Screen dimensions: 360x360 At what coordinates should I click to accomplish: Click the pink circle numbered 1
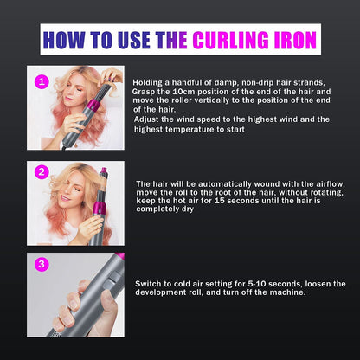[x=40, y=80]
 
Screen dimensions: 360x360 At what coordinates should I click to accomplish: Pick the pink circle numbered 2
[x=40, y=171]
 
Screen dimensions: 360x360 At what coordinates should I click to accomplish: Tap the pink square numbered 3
[x=40, y=263]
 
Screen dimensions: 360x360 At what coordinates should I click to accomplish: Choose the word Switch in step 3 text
[x=150, y=283]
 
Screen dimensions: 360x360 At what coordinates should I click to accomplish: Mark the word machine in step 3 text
[x=283, y=292]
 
